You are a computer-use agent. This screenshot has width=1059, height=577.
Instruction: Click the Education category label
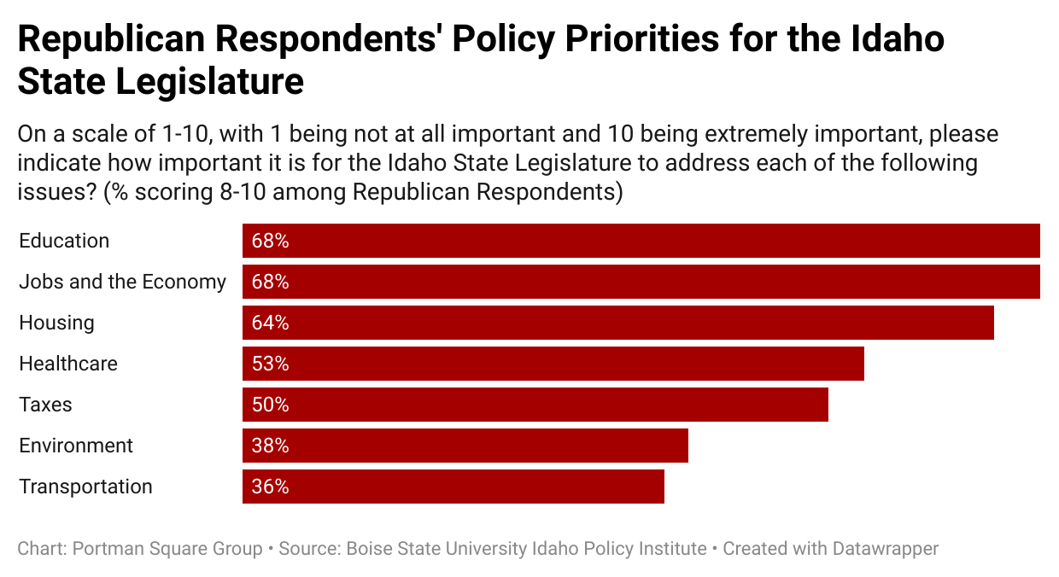(x=64, y=241)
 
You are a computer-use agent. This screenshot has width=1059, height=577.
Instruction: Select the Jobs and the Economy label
(x=122, y=282)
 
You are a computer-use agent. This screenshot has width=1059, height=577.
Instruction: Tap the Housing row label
(x=56, y=323)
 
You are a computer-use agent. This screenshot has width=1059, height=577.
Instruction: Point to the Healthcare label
(x=68, y=364)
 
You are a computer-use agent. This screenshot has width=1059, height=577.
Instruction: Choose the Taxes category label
(x=45, y=405)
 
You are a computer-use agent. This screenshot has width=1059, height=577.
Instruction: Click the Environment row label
(x=76, y=446)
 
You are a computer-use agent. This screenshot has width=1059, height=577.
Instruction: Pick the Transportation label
(x=85, y=487)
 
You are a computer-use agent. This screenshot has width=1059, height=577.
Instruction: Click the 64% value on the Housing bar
(x=270, y=323)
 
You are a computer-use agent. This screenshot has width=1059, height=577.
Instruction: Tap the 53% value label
(x=270, y=364)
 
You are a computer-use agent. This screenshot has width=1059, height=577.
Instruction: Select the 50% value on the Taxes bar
(x=270, y=405)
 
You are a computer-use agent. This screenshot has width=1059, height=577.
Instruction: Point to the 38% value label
(x=270, y=446)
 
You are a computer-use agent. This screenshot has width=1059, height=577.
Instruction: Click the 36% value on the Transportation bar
(x=270, y=487)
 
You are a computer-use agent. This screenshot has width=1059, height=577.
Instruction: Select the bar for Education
(x=641, y=241)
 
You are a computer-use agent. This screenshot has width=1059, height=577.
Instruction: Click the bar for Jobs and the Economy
(x=641, y=282)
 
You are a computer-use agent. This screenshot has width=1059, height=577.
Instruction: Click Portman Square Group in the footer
(x=167, y=549)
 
